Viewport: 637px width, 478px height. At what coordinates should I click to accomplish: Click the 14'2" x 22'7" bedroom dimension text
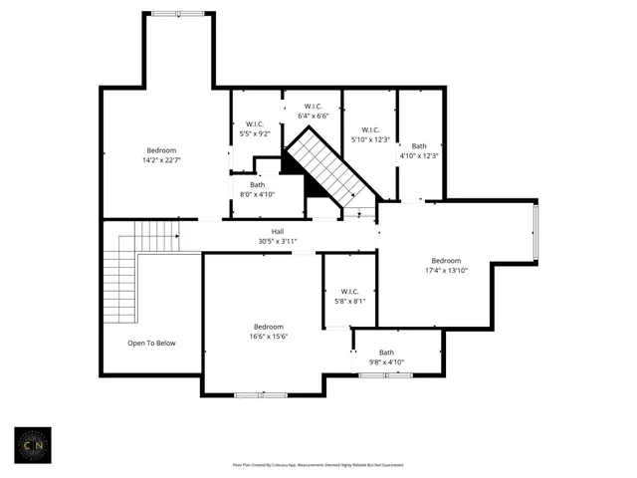pos(162,159)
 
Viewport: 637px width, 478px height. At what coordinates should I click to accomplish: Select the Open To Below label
pos(151,344)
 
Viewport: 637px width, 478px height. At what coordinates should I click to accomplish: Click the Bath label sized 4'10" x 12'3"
pos(419,145)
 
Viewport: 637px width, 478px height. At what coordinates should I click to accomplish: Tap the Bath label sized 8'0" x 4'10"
pos(258,184)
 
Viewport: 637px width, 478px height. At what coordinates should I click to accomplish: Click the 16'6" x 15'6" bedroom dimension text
pos(268,337)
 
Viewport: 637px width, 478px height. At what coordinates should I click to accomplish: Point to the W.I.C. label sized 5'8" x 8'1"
pos(349,291)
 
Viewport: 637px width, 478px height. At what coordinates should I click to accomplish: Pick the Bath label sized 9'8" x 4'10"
pos(386,353)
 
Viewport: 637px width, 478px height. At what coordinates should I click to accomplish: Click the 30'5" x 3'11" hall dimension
pos(278,241)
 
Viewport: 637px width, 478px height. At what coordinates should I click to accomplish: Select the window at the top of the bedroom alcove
pos(179,13)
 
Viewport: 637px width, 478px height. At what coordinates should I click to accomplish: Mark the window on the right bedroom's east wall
pos(536,234)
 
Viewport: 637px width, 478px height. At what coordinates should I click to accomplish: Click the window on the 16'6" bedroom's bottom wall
pos(260,395)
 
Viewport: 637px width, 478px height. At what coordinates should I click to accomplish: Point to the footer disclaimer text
pos(318,465)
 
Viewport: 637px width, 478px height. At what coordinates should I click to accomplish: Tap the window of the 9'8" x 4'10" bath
pos(386,374)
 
